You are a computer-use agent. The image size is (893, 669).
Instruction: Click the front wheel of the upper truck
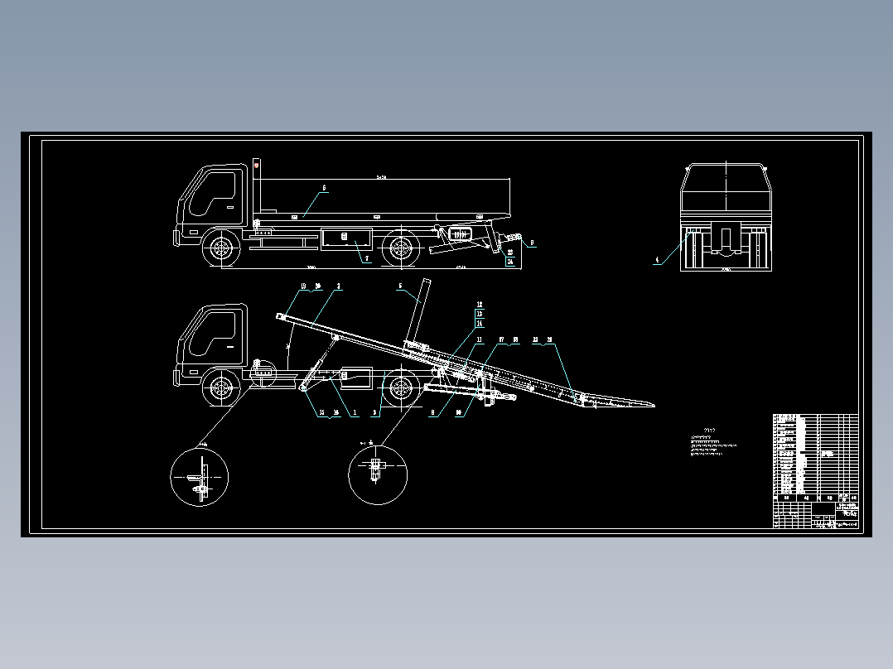click(221, 248)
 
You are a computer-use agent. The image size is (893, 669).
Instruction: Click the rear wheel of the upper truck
click(401, 248)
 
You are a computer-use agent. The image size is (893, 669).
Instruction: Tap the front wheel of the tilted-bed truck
click(221, 388)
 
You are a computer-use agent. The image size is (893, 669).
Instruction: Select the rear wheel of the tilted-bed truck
click(402, 388)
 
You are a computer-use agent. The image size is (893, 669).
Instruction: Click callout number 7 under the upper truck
click(367, 258)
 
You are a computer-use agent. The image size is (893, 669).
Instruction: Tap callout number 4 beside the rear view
click(658, 260)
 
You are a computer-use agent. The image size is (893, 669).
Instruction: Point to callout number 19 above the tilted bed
click(303, 286)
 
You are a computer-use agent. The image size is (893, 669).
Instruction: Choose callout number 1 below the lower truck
click(355, 412)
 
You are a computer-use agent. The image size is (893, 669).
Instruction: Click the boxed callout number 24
click(510, 262)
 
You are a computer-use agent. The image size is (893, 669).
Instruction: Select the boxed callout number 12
click(479, 306)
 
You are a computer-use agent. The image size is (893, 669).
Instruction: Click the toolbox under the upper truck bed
click(345, 238)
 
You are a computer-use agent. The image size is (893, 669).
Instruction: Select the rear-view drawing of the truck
click(726, 217)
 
